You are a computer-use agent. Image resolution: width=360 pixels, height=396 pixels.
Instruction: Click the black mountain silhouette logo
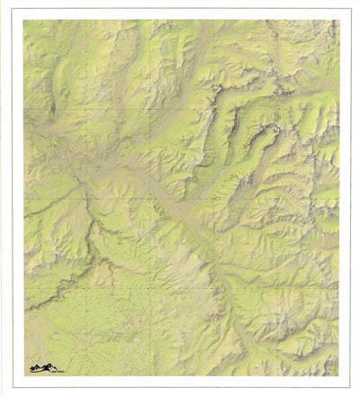40,367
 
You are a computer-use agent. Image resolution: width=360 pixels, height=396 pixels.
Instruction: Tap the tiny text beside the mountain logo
61,369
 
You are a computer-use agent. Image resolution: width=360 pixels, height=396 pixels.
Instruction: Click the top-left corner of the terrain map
23,20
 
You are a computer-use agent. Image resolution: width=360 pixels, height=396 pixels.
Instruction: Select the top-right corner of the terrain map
340,20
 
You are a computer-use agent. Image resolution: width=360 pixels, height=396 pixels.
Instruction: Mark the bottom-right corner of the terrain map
340,376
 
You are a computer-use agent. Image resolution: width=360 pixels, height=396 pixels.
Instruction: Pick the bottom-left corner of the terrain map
23,376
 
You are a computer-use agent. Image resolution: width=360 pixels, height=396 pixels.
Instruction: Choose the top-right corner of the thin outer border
350,9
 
